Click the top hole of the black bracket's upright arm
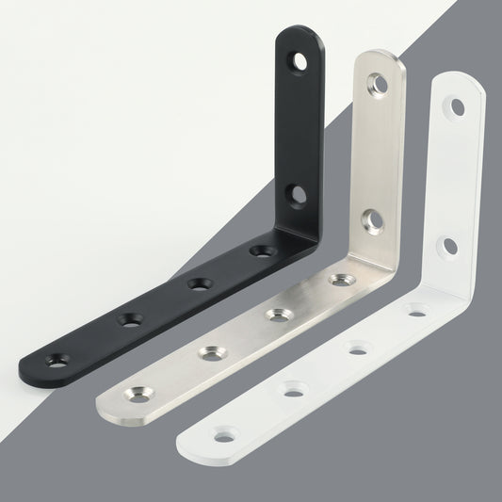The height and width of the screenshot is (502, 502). point(299,63)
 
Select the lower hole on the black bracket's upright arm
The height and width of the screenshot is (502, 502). point(297,196)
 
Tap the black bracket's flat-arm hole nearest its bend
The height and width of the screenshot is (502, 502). point(263,251)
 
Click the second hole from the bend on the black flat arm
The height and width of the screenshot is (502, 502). point(199,283)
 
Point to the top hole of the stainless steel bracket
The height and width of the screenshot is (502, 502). point(379,84)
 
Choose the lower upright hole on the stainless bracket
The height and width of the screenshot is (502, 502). point(374,222)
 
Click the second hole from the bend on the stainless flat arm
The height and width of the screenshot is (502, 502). point(276,315)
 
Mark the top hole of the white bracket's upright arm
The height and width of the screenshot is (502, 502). point(458,107)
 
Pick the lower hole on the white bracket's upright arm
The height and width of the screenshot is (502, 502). point(450,247)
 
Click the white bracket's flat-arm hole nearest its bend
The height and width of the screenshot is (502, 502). point(415,310)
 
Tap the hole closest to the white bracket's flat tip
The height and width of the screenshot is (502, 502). point(223,436)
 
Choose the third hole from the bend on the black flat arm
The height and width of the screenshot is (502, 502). point(131,320)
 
